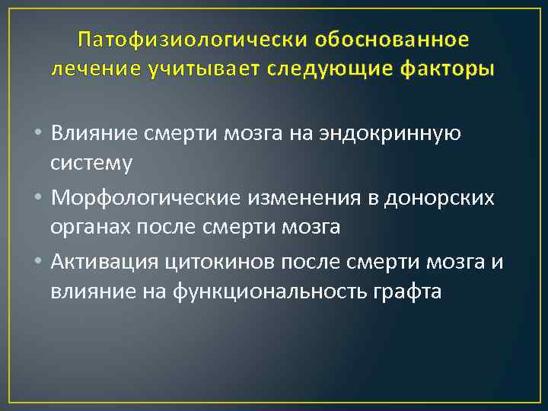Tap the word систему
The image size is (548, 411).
(91, 162)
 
